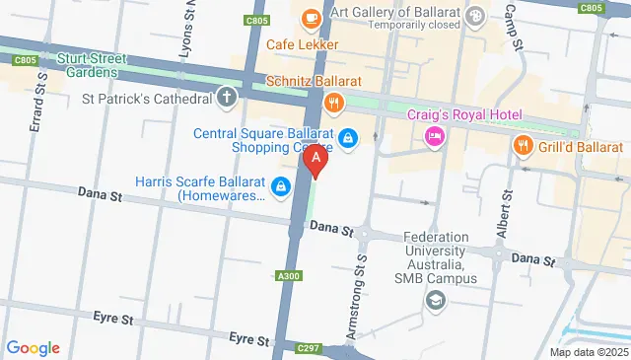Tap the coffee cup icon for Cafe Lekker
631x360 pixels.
(x=311, y=18)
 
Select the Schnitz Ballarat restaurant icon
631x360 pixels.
(x=334, y=101)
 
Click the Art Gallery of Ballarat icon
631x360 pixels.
(x=474, y=15)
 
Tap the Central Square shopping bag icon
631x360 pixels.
(x=346, y=138)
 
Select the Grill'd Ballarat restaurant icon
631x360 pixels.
(x=523, y=147)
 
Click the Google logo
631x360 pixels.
(x=33, y=348)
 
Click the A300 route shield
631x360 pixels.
(x=289, y=275)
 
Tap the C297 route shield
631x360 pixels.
(x=311, y=347)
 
